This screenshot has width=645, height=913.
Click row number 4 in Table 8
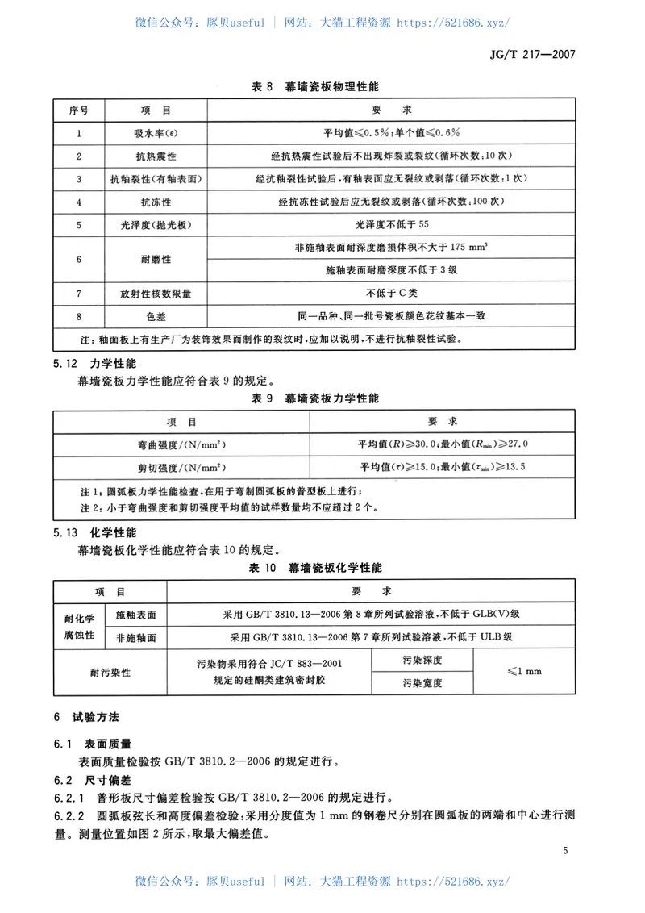(79, 202)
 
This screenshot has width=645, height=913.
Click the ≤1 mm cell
(524, 671)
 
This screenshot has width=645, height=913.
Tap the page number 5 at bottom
(566, 851)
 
